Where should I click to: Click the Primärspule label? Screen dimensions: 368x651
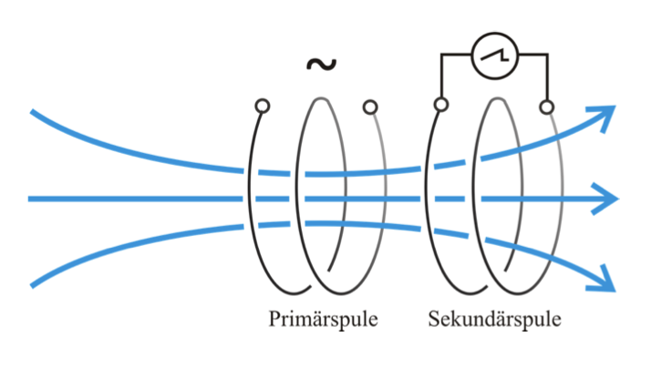[323, 320]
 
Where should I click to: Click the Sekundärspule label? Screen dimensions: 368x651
[493, 320]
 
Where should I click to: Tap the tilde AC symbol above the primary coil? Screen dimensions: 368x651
[320, 64]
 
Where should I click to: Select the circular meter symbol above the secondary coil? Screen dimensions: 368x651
[494, 56]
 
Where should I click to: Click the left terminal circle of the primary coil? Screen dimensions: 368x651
[263, 107]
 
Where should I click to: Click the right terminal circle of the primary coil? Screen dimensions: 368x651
[369, 107]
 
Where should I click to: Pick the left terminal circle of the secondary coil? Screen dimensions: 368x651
[441, 106]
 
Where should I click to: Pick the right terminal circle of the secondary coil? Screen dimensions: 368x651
[546, 107]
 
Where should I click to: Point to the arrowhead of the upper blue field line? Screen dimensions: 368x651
[607, 113]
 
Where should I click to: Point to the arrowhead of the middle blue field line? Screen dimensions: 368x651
[610, 198]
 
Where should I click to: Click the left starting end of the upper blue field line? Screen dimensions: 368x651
[33, 112]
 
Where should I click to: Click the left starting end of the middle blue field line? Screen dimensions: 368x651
[31, 198]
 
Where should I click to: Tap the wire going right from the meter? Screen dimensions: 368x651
[533, 56]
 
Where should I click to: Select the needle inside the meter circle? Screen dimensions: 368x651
[495, 56]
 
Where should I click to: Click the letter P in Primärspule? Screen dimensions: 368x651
[274, 320]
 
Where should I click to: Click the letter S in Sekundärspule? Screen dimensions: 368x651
[433, 320]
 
